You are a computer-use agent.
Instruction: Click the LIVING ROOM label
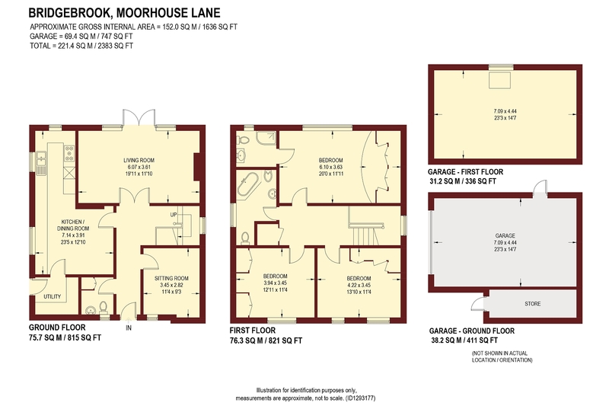pos(139,160)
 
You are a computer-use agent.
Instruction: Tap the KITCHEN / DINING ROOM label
pos(73,225)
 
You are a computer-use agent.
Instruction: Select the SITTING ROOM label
pos(171,278)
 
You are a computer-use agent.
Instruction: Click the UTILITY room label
pos(52,296)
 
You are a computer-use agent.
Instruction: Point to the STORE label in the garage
pos(532,304)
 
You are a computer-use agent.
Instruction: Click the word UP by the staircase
pos(174,215)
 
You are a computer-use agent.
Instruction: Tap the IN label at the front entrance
pos(129,328)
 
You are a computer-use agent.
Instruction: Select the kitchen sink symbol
pos(41,163)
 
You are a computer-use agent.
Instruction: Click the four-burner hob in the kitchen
pos(69,152)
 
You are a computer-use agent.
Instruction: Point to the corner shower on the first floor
pos(266,139)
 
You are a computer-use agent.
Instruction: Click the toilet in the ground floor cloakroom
pos(104,307)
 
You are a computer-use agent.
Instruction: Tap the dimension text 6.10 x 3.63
pos(331,167)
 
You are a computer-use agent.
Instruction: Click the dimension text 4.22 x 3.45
pos(359,285)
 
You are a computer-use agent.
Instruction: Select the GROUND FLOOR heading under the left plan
pos(57,328)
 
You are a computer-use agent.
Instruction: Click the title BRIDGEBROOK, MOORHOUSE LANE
pos(124,13)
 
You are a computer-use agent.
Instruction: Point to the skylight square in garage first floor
pos(500,80)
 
